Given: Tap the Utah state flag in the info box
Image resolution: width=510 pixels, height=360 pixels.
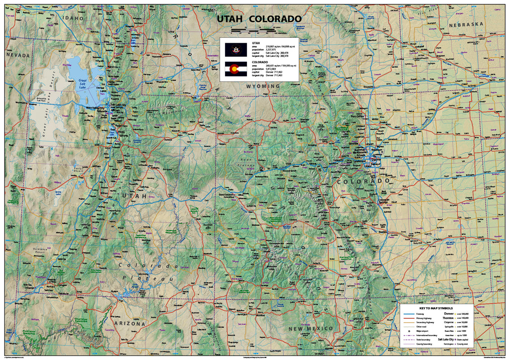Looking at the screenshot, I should pyautogui.click(x=236, y=49).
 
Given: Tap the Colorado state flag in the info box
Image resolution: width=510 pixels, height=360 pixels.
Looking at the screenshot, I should pyautogui.click(x=236, y=69).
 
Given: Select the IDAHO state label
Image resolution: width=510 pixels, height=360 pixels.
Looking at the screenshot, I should pyautogui.click(x=70, y=18).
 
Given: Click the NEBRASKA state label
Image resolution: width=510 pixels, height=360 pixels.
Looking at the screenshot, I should pyautogui.click(x=466, y=24).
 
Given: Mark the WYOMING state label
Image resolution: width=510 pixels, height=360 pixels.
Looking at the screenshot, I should pyautogui.click(x=263, y=86).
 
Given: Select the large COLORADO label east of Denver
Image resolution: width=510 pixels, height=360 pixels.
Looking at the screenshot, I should pyautogui.click(x=363, y=181).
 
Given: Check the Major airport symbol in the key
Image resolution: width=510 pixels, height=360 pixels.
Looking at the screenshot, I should pyautogui.click(x=408, y=331).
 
